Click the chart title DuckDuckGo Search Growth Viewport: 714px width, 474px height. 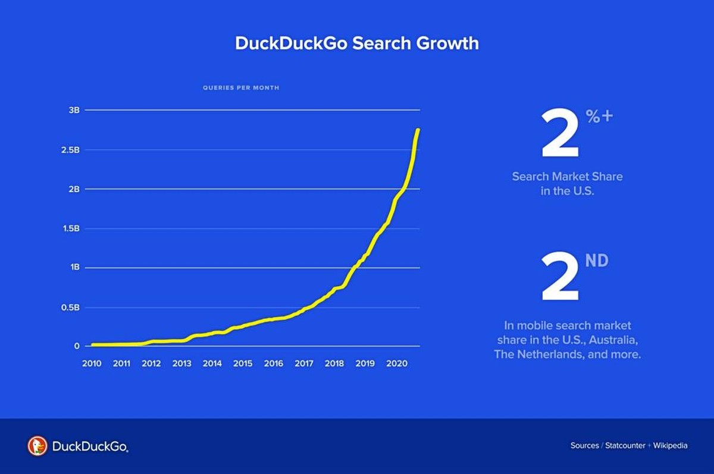tap(356, 43)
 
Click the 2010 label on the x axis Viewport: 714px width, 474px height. tap(92, 363)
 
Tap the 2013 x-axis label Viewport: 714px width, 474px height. tap(181, 363)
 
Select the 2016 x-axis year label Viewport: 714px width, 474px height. tap(273, 363)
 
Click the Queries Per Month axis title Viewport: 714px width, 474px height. tap(240, 88)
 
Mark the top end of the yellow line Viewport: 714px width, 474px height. tap(418, 130)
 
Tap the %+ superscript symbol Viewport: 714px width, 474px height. tap(599, 116)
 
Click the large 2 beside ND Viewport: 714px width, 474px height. tap(559, 278)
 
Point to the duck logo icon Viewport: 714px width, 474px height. tap(37, 445)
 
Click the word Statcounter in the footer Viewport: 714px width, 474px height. tap(625, 445)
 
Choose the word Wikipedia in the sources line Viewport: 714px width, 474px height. tap(670, 445)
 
